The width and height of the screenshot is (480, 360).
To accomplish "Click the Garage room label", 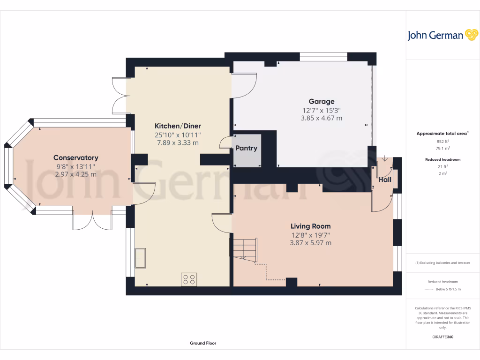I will click(x=321, y=101).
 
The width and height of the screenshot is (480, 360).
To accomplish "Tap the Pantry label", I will click(x=246, y=148).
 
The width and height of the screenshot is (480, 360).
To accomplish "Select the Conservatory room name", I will click(x=75, y=157).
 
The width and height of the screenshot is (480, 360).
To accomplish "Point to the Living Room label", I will click(x=310, y=226).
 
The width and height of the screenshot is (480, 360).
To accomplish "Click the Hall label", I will click(x=385, y=180).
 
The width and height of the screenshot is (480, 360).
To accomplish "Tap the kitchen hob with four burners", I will click(x=189, y=279).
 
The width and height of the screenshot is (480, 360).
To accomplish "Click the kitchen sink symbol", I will click(x=140, y=258).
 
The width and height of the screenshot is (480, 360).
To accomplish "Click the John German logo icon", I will click(x=471, y=35).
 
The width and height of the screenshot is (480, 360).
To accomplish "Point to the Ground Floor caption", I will click(x=203, y=343).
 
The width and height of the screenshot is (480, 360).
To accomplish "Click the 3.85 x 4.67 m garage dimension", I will click(x=321, y=118).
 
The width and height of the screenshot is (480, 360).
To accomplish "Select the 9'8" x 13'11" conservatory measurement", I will click(x=75, y=166).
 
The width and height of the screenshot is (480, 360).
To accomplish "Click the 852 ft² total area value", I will click(x=443, y=141).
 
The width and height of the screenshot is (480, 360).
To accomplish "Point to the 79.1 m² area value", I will click(x=443, y=148).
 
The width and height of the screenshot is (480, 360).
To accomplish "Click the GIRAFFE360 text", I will click(x=443, y=337).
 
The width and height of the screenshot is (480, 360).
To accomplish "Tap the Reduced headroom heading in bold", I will click(x=443, y=159).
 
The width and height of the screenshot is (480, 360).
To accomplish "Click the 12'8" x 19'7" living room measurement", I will click(x=310, y=234).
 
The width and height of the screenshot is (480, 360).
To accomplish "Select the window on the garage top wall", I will click(x=323, y=57).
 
